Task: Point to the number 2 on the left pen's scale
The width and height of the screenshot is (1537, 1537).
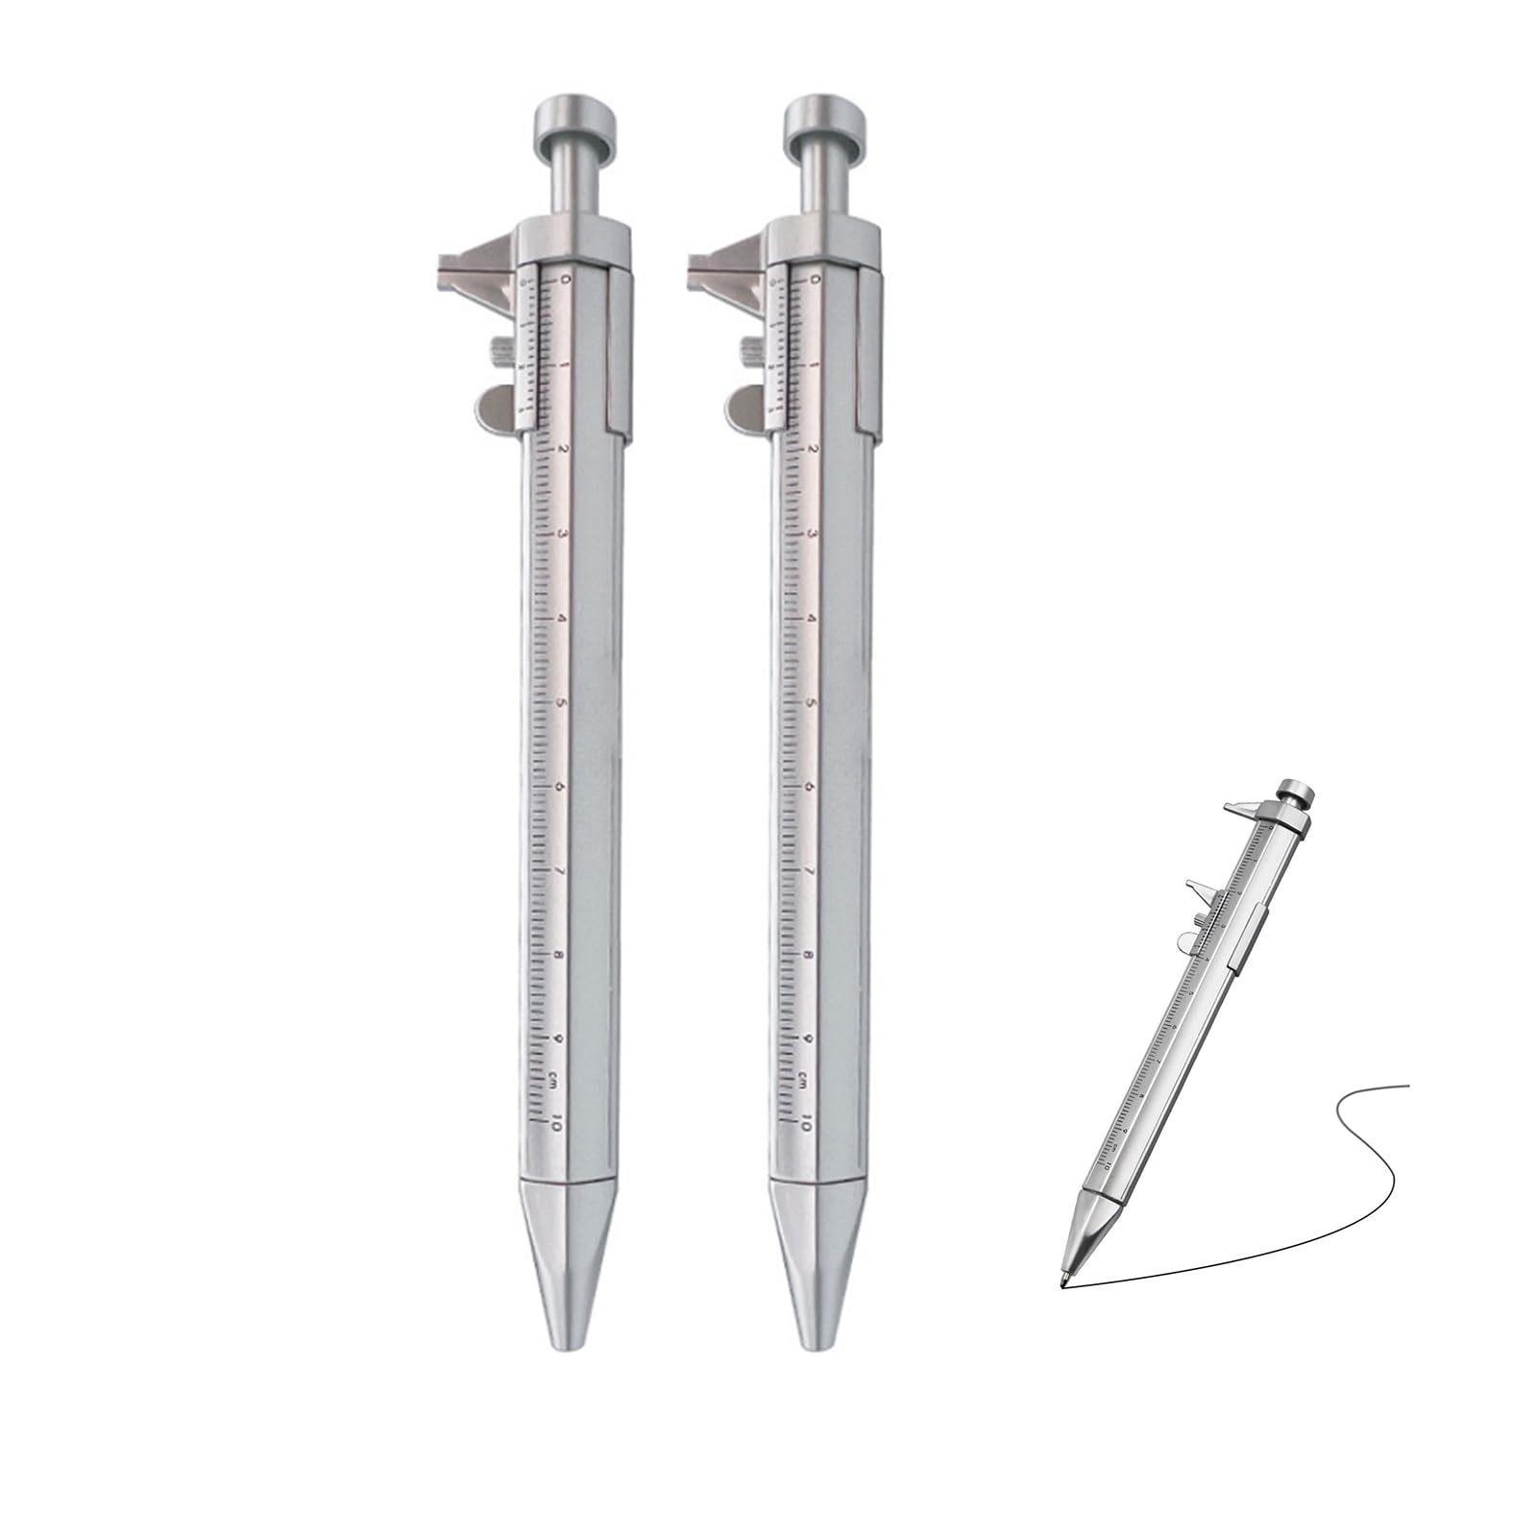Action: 564,449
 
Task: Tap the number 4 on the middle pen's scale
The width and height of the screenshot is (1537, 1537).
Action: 812,619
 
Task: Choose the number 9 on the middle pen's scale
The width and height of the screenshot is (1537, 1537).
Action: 810,1040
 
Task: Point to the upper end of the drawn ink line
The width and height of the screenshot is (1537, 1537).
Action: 1406,1086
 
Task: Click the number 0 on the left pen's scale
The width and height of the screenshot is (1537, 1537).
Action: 565,280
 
